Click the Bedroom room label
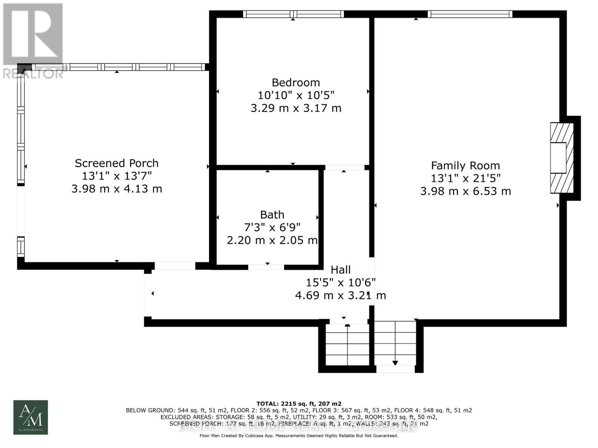[x=296, y=83]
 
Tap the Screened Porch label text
[x=117, y=163]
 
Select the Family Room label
[x=465, y=166]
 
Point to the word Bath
[x=272, y=215]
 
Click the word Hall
[x=340, y=270]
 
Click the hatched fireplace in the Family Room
[x=561, y=158]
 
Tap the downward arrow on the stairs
[x=395, y=362]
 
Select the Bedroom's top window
[x=293, y=14]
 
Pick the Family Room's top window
[x=470, y=14]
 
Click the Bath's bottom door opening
[x=266, y=267]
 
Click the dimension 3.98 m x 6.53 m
[x=465, y=191]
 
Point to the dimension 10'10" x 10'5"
[x=296, y=95]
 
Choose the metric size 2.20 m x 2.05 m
[x=272, y=240]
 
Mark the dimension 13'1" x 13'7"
[x=117, y=176]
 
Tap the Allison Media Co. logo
[x=31, y=417]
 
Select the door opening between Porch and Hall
[x=175, y=266]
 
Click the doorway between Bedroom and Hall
[x=344, y=168]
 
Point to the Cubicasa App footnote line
[x=299, y=436]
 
